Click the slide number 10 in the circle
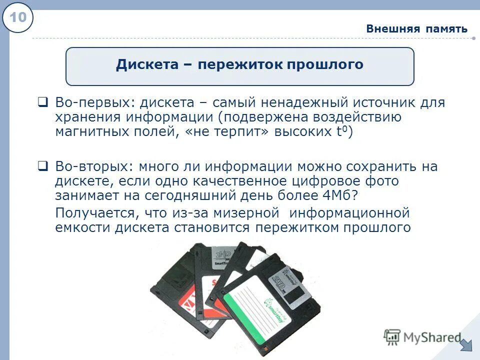point(18,18)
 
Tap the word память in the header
point(447,28)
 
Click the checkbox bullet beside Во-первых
point(43,102)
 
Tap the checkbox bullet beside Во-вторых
point(43,166)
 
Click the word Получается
point(97,213)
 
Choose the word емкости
point(83,228)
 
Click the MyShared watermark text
point(430,337)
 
